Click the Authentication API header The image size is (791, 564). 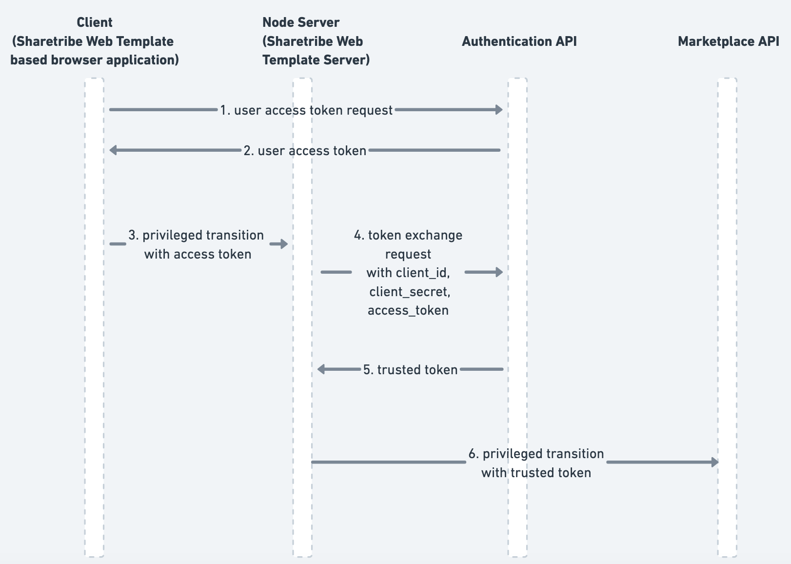519,41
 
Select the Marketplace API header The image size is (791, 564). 728,41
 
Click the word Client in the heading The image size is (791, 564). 95,22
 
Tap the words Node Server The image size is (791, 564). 301,22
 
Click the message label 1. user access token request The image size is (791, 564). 306,110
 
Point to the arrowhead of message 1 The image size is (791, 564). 499,110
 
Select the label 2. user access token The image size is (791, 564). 305,151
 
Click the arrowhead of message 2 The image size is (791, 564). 113,150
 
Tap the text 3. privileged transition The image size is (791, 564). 196,235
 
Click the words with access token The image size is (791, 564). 198,254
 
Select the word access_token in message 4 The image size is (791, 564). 408,310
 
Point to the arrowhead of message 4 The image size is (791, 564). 499,272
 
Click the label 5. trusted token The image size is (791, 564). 410,370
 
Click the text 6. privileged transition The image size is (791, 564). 536,454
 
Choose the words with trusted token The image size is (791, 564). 536,473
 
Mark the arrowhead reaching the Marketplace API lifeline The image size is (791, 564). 715,462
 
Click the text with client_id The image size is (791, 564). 408,273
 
